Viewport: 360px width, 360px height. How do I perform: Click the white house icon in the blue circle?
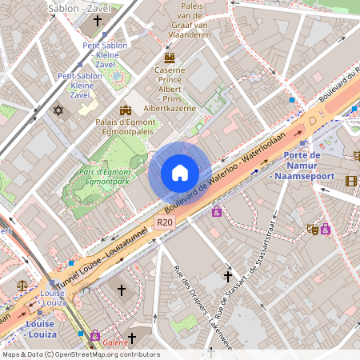coord(180,173)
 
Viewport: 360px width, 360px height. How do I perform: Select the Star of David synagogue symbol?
coord(58,110)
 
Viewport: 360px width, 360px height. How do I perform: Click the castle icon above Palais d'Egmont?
coord(125,110)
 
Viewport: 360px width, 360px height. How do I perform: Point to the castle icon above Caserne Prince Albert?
coord(169,58)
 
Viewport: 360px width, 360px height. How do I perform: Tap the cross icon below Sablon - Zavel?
coord(98,22)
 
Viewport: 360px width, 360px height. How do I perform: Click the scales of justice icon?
coord(22,283)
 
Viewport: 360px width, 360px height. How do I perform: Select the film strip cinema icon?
coord(350,181)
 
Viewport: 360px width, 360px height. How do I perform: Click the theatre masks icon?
coord(312,229)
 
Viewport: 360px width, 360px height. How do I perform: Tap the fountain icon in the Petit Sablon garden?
coord(117,77)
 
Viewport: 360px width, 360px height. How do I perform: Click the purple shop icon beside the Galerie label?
coord(96,334)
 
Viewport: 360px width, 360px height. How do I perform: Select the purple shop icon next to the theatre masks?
coord(326,229)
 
